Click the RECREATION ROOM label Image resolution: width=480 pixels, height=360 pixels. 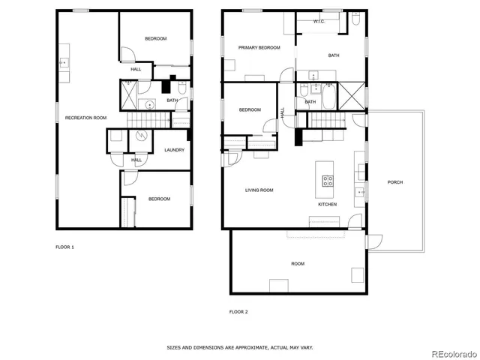[x=85, y=118]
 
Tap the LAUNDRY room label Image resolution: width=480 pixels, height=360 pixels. [x=174, y=150]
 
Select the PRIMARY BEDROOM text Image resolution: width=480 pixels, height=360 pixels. [x=259, y=47]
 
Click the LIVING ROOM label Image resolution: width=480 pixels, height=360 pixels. [x=259, y=190]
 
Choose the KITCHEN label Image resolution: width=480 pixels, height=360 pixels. [x=327, y=204]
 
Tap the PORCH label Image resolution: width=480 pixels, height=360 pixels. [x=394, y=183]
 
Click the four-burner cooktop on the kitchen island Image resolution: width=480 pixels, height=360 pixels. [x=328, y=180]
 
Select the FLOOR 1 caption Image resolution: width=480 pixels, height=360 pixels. [x=64, y=247]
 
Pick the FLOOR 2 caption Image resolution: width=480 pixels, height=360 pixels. [x=238, y=310]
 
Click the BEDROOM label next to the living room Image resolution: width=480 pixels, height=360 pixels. [x=250, y=110]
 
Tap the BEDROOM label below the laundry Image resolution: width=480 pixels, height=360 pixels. [x=159, y=199]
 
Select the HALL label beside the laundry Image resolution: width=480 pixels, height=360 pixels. [x=136, y=160]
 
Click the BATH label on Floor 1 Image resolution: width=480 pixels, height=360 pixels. [x=172, y=100]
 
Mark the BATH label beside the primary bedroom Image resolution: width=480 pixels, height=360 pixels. [x=334, y=55]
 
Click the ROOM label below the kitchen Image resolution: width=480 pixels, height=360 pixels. [x=298, y=263]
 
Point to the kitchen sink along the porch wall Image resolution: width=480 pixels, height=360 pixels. [x=361, y=192]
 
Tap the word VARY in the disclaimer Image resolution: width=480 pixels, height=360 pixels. [x=306, y=347]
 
